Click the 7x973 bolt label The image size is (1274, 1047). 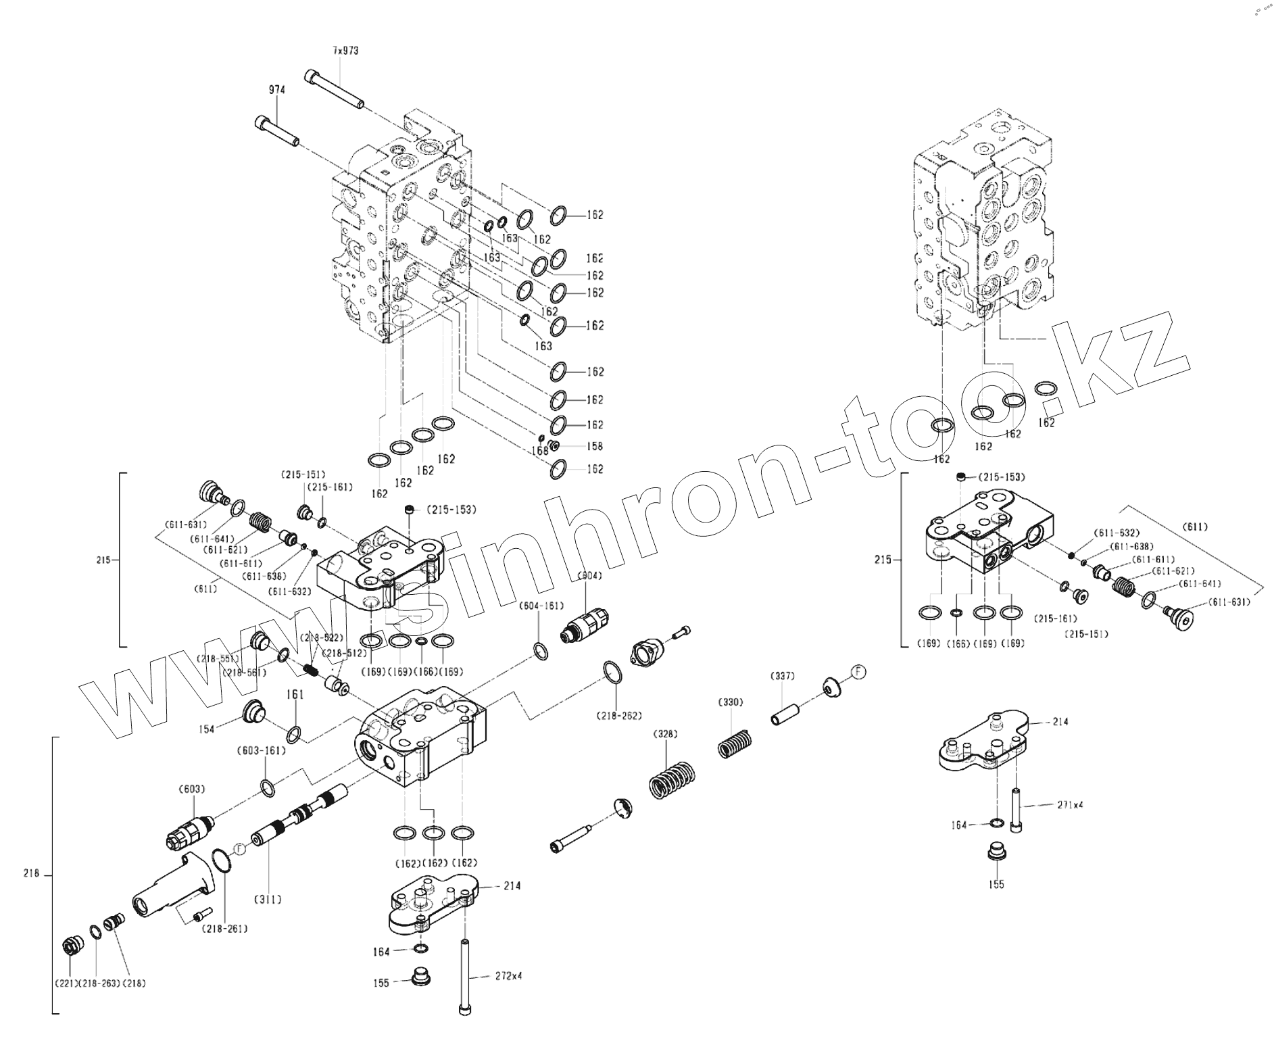345,51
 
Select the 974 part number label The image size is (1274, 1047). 276,89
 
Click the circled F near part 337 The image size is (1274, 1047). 858,672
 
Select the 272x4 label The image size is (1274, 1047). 508,976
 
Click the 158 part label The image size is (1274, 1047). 595,446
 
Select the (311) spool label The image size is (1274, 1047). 268,900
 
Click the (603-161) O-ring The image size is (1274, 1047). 268,787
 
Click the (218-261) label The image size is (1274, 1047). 224,929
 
